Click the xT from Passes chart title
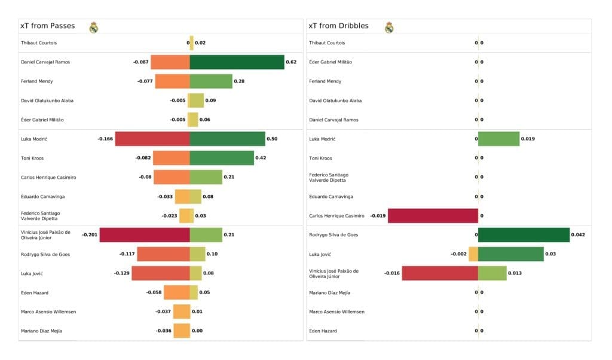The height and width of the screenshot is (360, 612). (47, 26)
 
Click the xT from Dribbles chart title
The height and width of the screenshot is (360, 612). (338, 26)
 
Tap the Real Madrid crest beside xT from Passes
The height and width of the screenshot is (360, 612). (93, 27)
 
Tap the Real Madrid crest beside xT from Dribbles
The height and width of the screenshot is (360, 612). (389, 27)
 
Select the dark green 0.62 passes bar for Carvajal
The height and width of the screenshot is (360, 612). (237, 62)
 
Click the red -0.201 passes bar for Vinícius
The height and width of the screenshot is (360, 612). (145, 235)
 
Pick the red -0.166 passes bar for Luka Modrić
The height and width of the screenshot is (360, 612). (152, 139)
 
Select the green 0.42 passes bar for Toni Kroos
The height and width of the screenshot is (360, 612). (222, 158)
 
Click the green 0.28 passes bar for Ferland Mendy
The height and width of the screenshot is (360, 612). (211, 81)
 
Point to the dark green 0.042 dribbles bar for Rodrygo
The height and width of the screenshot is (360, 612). (524, 235)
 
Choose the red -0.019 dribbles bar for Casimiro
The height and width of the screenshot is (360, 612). (433, 216)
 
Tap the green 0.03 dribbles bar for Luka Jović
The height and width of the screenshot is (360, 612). (511, 254)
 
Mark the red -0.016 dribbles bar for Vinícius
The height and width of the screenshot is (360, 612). (440, 273)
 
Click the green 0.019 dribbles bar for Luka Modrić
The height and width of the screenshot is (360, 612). (498, 139)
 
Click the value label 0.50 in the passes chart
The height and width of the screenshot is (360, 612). (272, 139)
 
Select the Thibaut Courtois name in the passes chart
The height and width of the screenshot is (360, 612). (39, 43)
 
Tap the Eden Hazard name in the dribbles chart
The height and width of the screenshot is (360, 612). (323, 331)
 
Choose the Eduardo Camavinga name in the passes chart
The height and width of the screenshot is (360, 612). (43, 196)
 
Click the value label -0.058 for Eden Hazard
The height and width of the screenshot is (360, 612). (154, 292)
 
